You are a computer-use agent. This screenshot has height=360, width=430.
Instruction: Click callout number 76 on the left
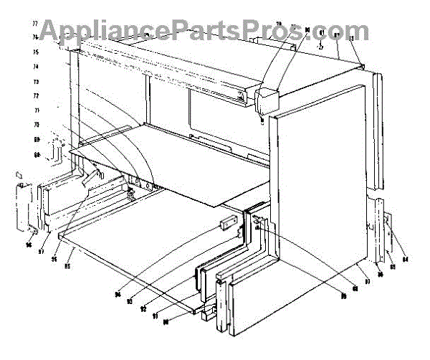(54, 37)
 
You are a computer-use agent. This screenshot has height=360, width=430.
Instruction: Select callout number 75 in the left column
(54, 52)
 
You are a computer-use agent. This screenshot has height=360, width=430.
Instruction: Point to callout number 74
(54, 67)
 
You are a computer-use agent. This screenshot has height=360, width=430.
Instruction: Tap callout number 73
(54, 81)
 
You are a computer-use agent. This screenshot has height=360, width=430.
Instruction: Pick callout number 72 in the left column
(54, 95)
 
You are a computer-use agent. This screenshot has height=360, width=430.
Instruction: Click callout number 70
(54, 125)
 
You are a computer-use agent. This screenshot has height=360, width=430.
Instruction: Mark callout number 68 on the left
(54, 154)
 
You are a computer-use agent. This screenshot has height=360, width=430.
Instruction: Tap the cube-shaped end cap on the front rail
(268, 99)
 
